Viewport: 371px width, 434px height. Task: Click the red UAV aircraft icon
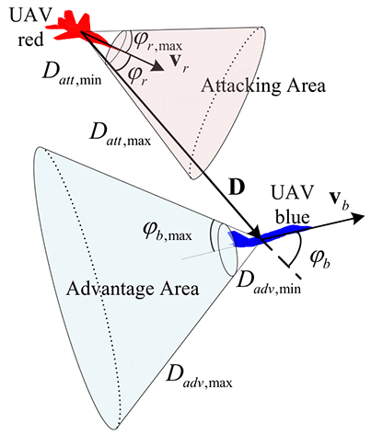(x=78, y=29)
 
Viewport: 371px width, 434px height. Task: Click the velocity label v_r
(x=180, y=63)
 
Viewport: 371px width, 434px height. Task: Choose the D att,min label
(x=72, y=74)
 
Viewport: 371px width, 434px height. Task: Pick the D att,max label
(x=120, y=135)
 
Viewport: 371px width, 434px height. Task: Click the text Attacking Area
(x=263, y=86)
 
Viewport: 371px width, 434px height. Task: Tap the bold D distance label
(x=237, y=188)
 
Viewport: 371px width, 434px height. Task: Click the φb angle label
(x=319, y=260)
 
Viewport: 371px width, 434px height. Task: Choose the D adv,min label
(x=269, y=282)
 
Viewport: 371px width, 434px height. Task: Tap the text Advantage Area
(x=133, y=290)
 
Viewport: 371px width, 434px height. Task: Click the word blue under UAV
(x=292, y=217)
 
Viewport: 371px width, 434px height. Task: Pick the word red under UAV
(x=30, y=40)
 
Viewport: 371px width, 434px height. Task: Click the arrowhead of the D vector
(x=255, y=233)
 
